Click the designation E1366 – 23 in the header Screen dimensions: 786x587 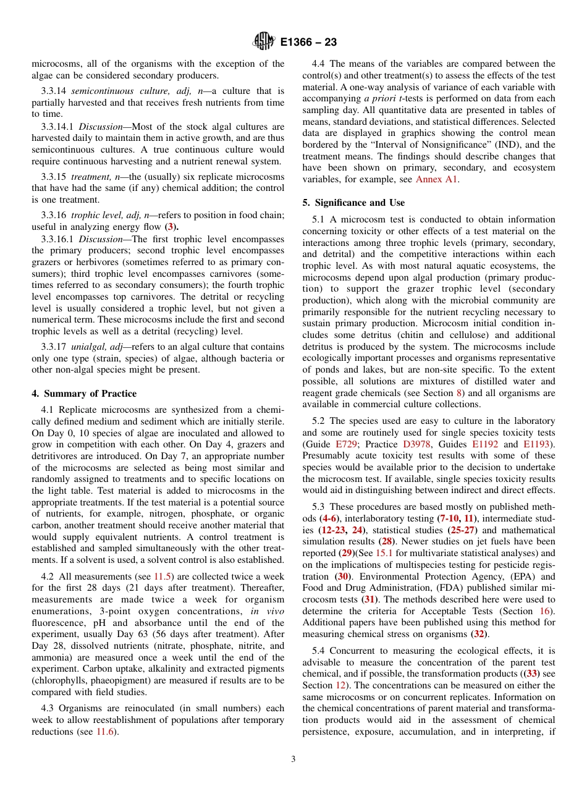(308, 43)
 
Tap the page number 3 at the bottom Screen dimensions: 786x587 (293, 759)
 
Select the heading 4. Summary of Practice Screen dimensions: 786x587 (84, 394)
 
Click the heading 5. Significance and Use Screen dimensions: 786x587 (353, 203)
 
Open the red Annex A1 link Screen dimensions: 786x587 (437, 179)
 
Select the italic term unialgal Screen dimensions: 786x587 (91, 347)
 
